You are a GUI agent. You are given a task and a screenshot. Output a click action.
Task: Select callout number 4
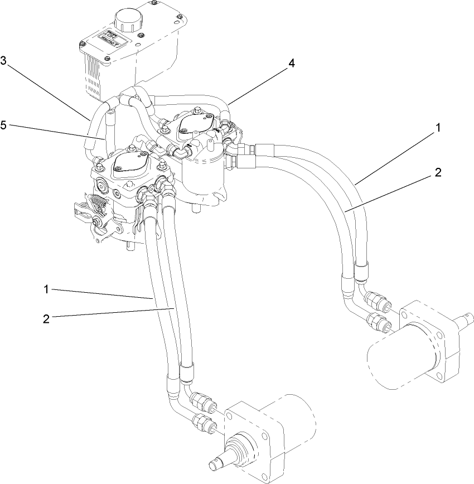291,63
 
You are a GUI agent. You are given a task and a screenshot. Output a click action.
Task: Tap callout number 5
4,126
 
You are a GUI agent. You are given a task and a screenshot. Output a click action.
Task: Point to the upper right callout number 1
438,128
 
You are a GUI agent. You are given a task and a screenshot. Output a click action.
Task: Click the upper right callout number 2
438,172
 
